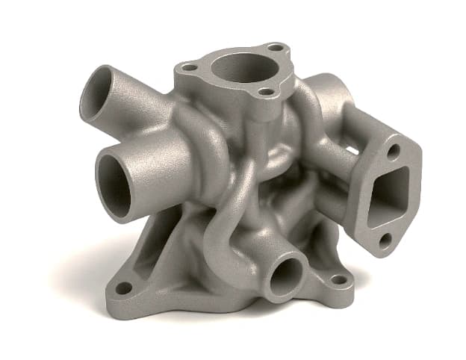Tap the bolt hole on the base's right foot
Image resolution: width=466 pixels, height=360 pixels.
tap(339, 280)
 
